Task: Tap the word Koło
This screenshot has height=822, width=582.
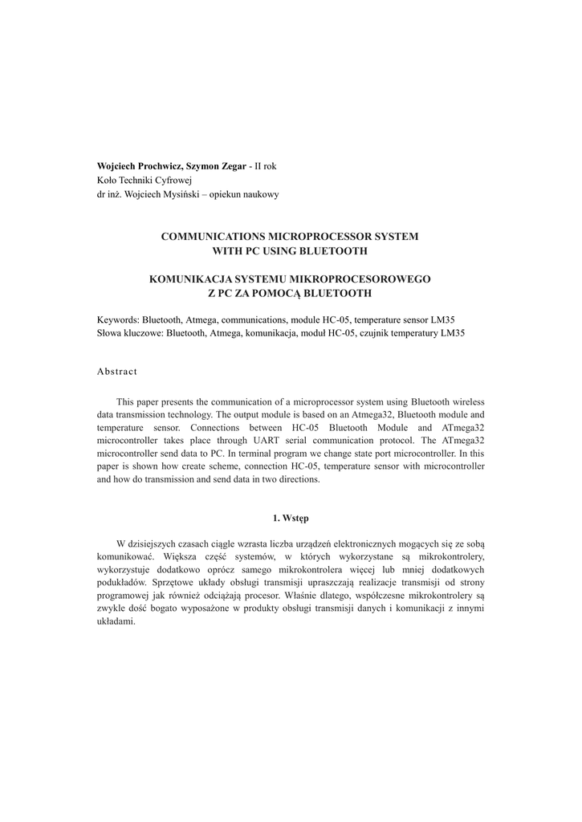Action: point(107,180)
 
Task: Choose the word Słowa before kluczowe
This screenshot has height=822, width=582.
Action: point(110,332)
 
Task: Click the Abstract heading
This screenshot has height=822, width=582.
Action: point(117,372)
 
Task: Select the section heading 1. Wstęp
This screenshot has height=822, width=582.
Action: point(290,519)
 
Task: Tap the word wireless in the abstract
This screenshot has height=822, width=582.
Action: point(467,401)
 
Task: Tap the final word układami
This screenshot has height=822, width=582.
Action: point(116,622)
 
